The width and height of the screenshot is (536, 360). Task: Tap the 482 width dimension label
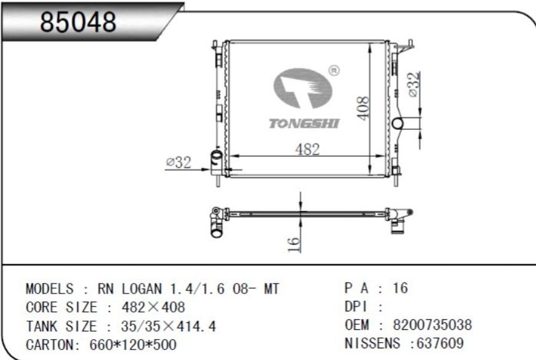click(307, 150)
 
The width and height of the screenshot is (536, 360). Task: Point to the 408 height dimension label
click(363, 108)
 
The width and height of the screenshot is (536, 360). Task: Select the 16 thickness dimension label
click(294, 244)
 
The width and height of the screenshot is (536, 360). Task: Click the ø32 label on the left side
click(178, 162)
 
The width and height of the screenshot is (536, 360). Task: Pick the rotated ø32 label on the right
click(414, 84)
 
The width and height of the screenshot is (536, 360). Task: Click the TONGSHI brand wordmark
click(304, 124)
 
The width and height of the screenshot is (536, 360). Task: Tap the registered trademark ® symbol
click(334, 70)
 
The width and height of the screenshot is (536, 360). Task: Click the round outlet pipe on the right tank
click(398, 123)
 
